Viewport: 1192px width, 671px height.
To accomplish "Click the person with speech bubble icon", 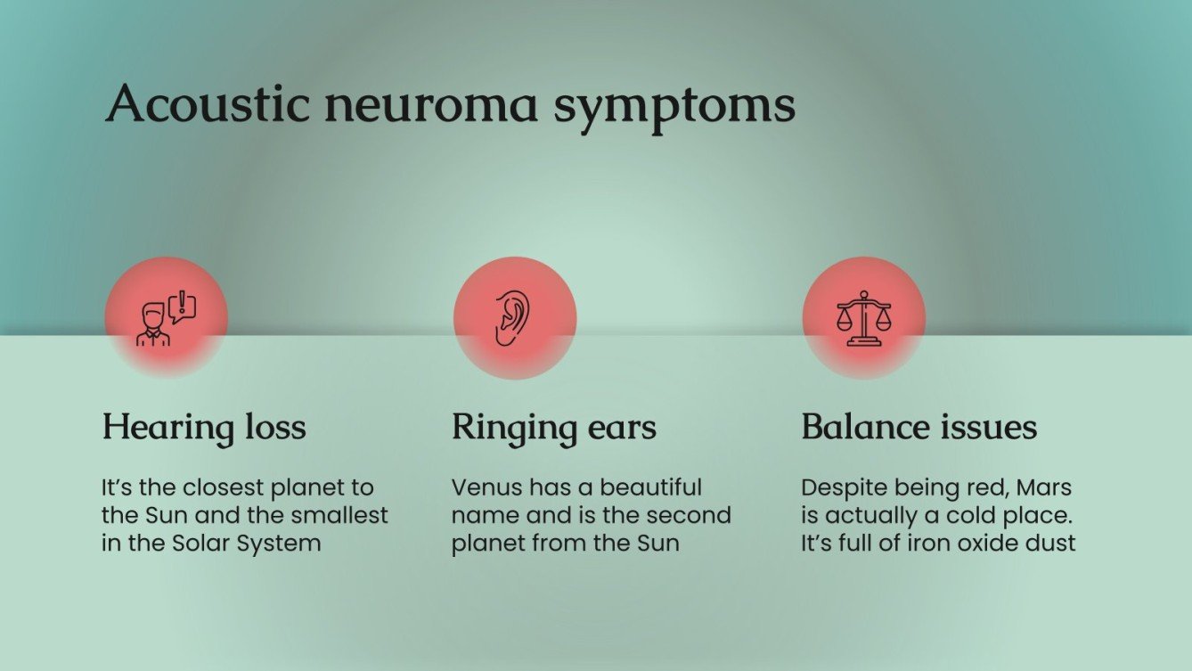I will [167, 318].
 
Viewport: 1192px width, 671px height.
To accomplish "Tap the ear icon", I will [511, 318].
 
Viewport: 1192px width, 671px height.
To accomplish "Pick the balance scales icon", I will [863, 318].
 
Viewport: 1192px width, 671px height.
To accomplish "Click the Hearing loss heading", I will [204, 427].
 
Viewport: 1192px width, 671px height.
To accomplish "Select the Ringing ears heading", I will [553, 427].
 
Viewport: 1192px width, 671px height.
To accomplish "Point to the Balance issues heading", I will [918, 427].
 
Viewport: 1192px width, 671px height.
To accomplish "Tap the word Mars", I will [1044, 488].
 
